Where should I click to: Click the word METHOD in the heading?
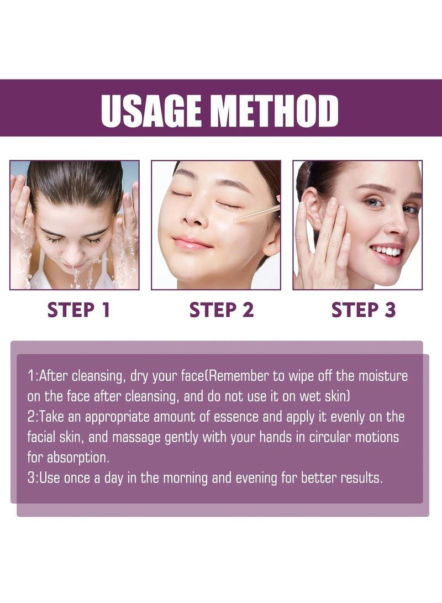[276, 111]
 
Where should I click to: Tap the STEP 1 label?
[79, 310]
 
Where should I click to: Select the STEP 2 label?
[222, 310]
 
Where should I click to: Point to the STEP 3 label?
[364, 310]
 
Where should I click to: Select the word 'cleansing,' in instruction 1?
[97, 377]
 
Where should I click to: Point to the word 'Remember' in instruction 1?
[235, 377]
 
